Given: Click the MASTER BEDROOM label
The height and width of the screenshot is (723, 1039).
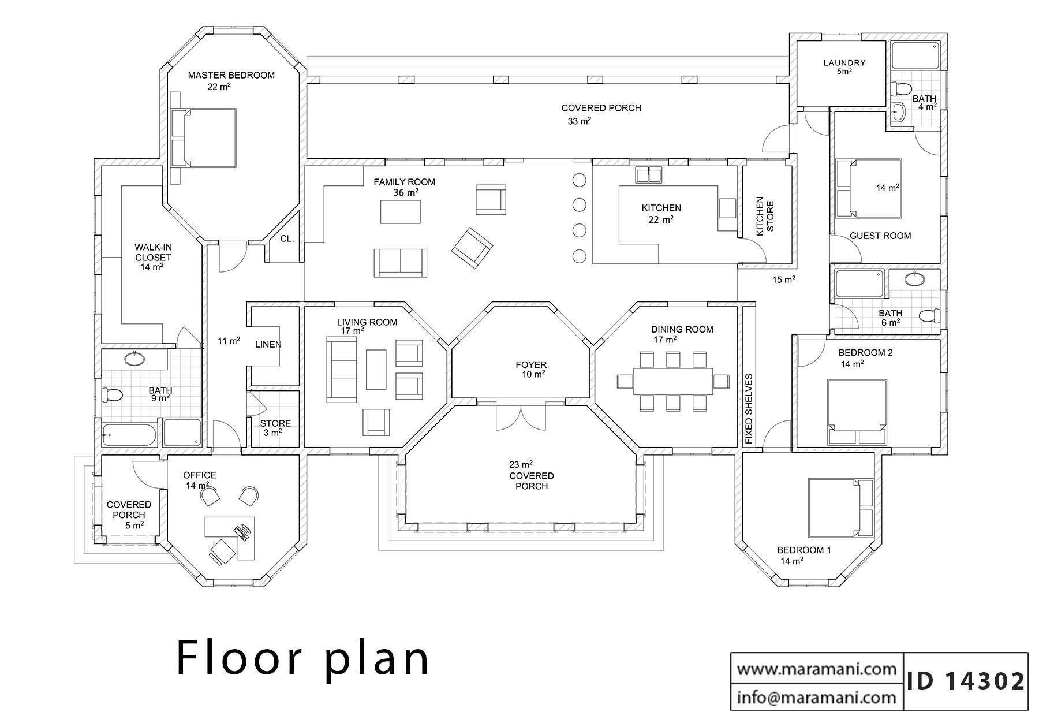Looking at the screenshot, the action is [x=231, y=75].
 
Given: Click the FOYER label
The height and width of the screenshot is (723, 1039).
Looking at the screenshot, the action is [x=531, y=365].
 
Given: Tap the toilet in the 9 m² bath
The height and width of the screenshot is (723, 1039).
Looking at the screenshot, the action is [x=113, y=395].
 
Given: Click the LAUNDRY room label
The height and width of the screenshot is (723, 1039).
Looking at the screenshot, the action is [x=844, y=63].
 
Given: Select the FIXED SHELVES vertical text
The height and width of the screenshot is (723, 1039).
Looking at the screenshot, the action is [x=749, y=409].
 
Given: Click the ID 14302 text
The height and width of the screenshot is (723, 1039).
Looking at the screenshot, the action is [x=966, y=681].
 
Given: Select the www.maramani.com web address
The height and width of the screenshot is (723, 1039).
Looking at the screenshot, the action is [x=817, y=669].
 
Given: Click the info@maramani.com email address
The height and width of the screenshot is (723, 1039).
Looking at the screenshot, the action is [x=817, y=698].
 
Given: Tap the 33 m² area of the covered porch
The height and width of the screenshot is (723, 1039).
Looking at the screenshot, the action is [x=579, y=121].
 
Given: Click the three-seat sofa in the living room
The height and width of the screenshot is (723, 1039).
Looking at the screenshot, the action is [x=341, y=370].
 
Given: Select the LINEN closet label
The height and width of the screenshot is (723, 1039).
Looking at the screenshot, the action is [x=268, y=345].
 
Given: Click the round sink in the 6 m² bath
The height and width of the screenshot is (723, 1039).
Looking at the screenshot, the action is [x=914, y=279].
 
